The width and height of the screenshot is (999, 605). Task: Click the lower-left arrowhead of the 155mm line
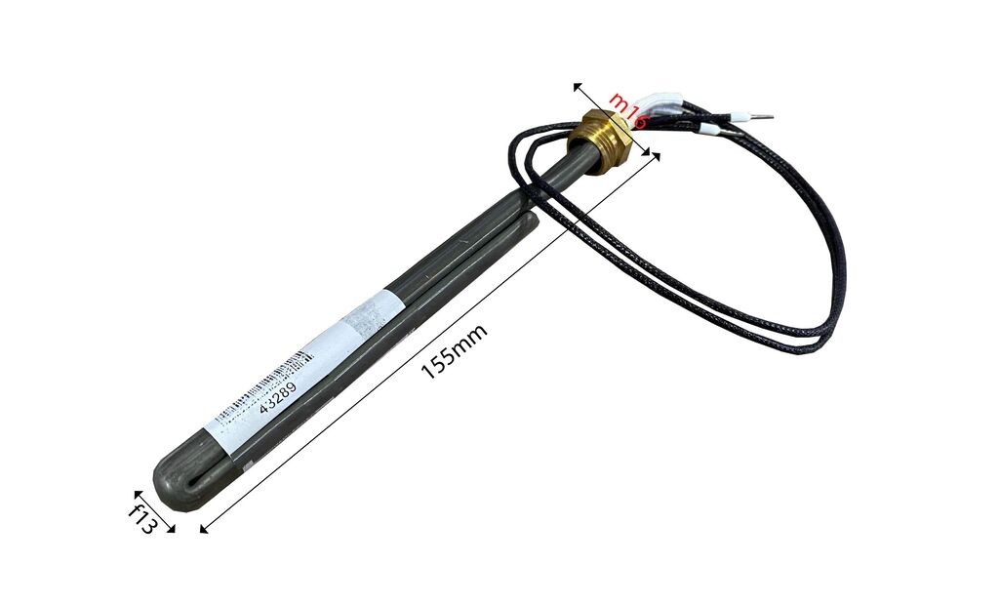coord(204,529)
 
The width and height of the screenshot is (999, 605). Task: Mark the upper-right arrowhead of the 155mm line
coord(656,156)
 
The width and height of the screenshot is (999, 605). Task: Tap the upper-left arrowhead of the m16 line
coord(577,86)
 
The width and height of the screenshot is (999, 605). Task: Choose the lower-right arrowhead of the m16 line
coord(648,152)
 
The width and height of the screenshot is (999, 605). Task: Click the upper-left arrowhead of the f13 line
coord(136,495)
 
